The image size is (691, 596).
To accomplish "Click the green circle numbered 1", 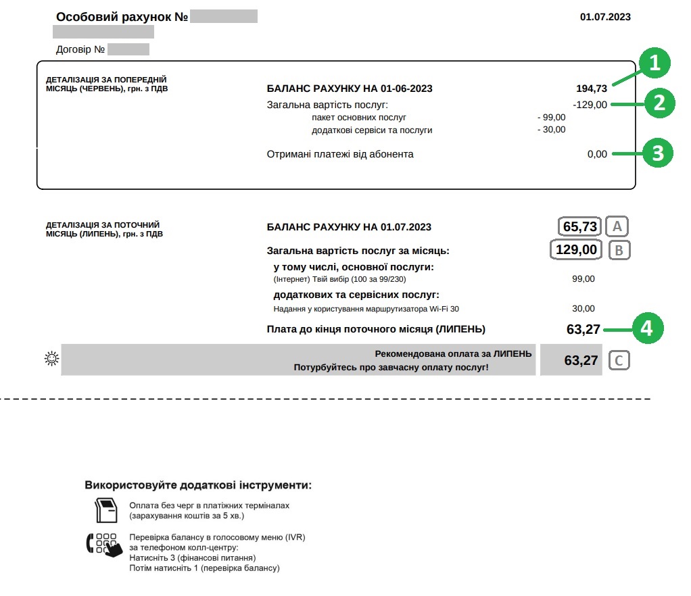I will (x=654, y=64).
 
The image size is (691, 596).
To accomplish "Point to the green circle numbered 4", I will (x=648, y=328).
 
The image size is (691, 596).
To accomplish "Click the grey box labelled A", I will (x=617, y=226).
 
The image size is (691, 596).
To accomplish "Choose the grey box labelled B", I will (x=619, y=250).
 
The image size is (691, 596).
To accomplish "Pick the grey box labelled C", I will (x=619, y=360).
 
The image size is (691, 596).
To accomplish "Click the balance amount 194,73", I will (x=591, y=89).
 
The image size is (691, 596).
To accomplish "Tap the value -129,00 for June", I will (x=590, y=105).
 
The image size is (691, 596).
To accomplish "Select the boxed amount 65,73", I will (x=580, y=226).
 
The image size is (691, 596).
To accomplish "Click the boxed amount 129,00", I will (x=576, y=249).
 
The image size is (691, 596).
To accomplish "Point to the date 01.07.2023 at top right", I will (x=605, y=17).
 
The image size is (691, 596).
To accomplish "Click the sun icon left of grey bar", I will (x=51, y=359).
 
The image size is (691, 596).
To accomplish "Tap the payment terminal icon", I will (x=106, y=510).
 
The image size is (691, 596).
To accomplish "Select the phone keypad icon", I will (x=104, y=544).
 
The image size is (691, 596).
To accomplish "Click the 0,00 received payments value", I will (x=597, y=154).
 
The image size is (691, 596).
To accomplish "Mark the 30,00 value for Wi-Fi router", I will (x=583, y=308).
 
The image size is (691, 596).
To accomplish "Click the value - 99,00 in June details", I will (x=551, y=117).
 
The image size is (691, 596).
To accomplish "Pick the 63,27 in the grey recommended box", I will (x=581, y=360).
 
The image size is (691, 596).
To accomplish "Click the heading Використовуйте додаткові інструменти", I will (x=198, y=485).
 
